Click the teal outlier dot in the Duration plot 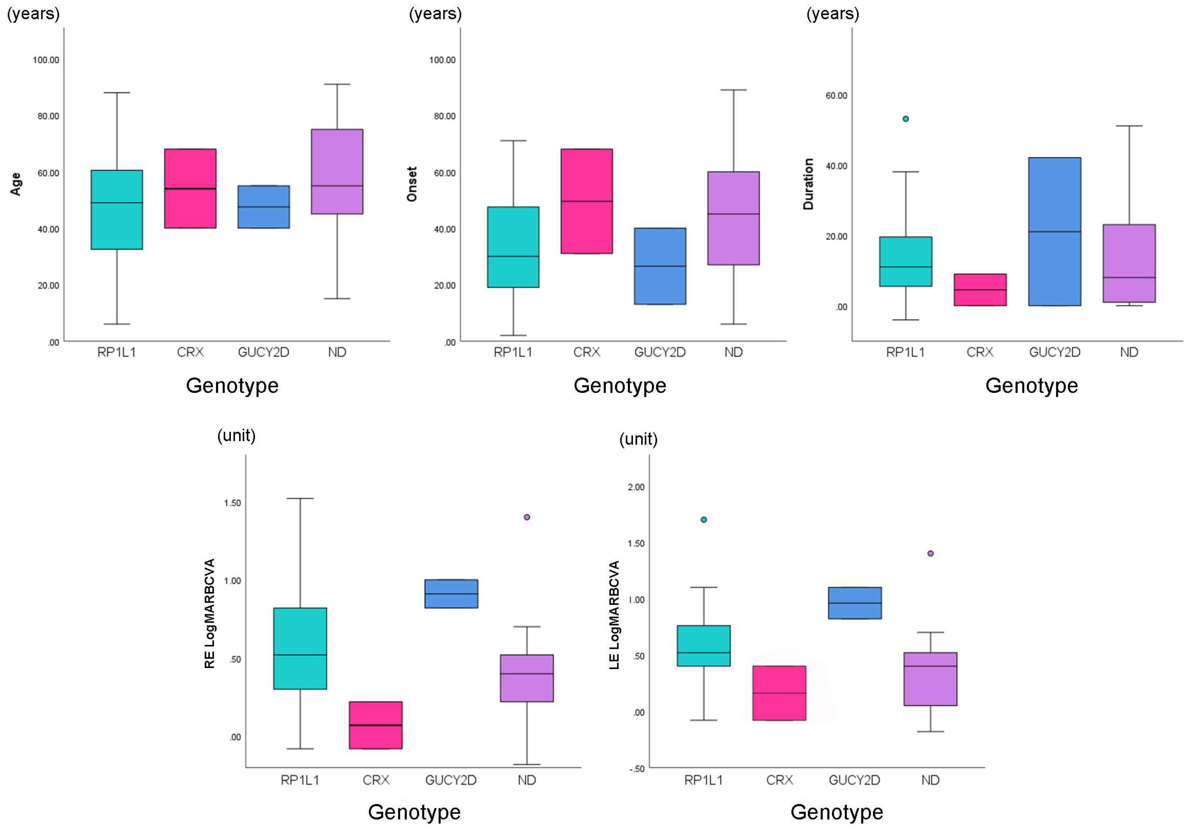coord(905,119)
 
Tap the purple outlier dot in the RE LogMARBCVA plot coord(527,517)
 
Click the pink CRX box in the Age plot coord(190,188)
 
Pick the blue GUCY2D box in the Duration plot coord(1055,231)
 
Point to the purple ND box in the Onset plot coord(733,218)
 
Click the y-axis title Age coord(16,184)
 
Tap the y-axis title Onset coord(412,184)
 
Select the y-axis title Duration coord(808,184)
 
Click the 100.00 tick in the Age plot coord(46,60)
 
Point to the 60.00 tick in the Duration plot coord(836,96)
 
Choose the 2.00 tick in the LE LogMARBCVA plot coord(636,487)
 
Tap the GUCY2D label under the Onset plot coord(660,352)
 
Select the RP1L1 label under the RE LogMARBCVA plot coord(300,780)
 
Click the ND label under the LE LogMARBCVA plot coord(930,780)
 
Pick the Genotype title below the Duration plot coord(1032,385)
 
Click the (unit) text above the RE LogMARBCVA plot coord(237,436)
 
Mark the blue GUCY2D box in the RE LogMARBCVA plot coord(451,594)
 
